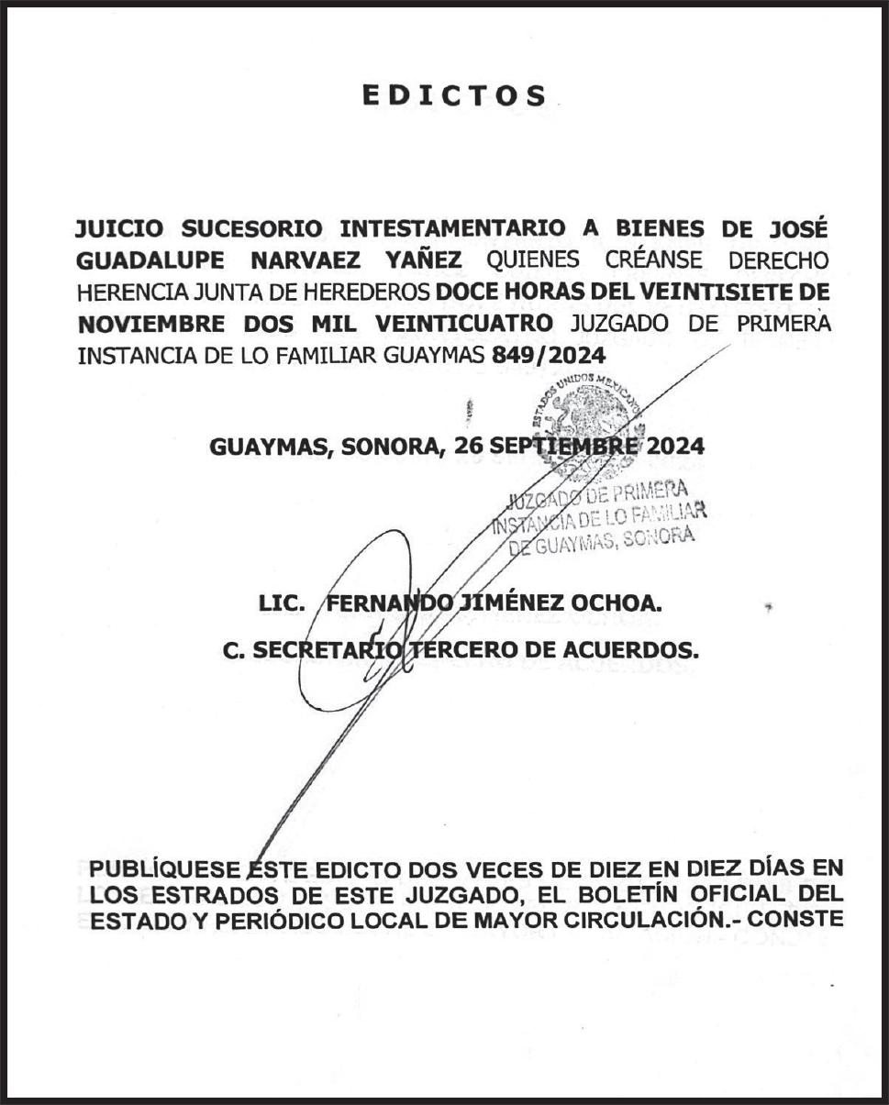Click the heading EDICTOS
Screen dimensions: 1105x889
point(454,95)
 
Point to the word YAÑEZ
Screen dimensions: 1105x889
point(430,260)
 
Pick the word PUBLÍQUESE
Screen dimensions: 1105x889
point(169,868)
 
